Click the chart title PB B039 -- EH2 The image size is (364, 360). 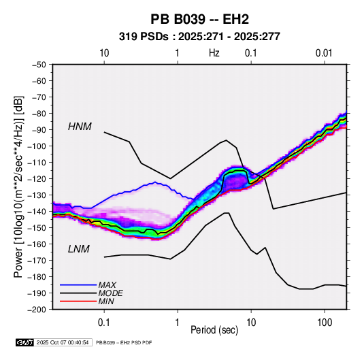[x=199, y=19]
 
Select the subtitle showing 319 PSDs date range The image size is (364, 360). [x=199, y=37]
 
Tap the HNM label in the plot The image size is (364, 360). [x=80, y=127]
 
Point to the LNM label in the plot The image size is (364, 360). [x=79, y=249]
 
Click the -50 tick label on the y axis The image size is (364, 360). [x=39, y=65]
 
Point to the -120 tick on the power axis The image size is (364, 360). [x=37, y=178]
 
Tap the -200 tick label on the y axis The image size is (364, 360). [x=37, y=310]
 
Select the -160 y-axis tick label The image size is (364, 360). [x=37, y=244]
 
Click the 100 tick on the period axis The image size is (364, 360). [x=325, y=323]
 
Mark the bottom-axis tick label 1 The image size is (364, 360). [x=178, y=323]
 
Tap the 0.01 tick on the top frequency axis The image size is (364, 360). [x=324, y=53]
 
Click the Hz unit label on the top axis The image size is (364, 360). [x=214, y=53]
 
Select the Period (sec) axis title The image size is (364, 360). [x=214, y=330]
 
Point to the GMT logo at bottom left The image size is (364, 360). [x=24, y=342]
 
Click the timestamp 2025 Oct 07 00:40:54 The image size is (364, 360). [x=63, y=342]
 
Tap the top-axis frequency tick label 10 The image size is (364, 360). [x=104, y=53]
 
